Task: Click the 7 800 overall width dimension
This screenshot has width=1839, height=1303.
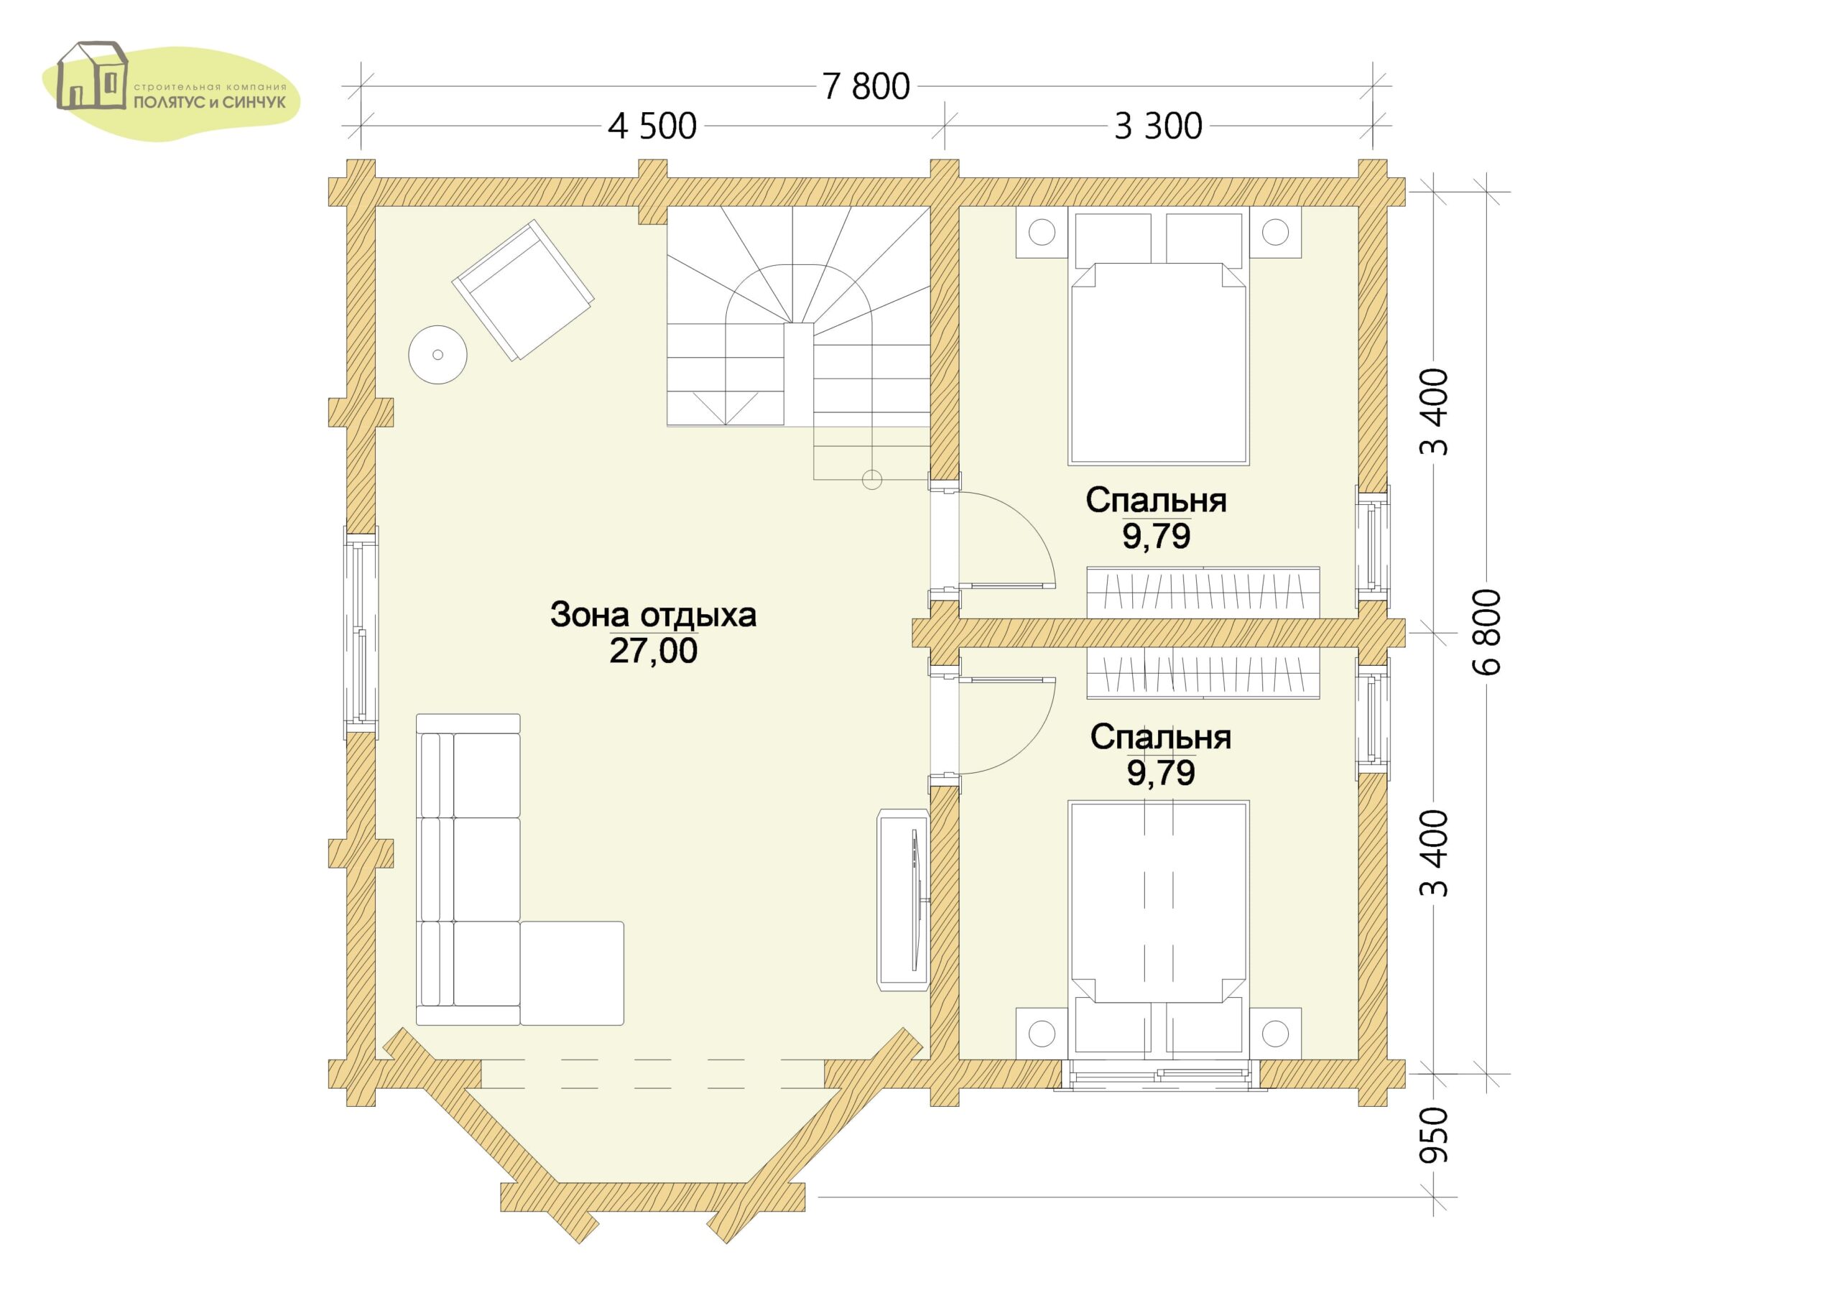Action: [x=866, y=87]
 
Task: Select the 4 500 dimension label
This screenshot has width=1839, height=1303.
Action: [x=652, y=126]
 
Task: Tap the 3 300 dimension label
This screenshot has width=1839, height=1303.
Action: [x=1158, y=126]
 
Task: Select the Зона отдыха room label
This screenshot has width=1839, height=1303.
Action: [x=653, y=615]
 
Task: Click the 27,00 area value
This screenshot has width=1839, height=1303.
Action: [x=653, y=651]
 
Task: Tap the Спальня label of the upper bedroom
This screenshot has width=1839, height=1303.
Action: [x=1156, y=500]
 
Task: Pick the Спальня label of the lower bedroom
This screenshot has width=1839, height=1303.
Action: [x=1160, y=736]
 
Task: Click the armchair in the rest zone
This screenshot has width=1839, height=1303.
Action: [x=523, y=291]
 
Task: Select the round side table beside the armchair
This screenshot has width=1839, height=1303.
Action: [x=437, y=354]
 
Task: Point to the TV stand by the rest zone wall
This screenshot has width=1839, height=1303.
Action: [x=904, y=900]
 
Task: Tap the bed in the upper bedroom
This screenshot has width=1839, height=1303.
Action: [x=1158, y=336]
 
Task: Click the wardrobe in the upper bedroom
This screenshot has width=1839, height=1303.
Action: [x=1203, y=592]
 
